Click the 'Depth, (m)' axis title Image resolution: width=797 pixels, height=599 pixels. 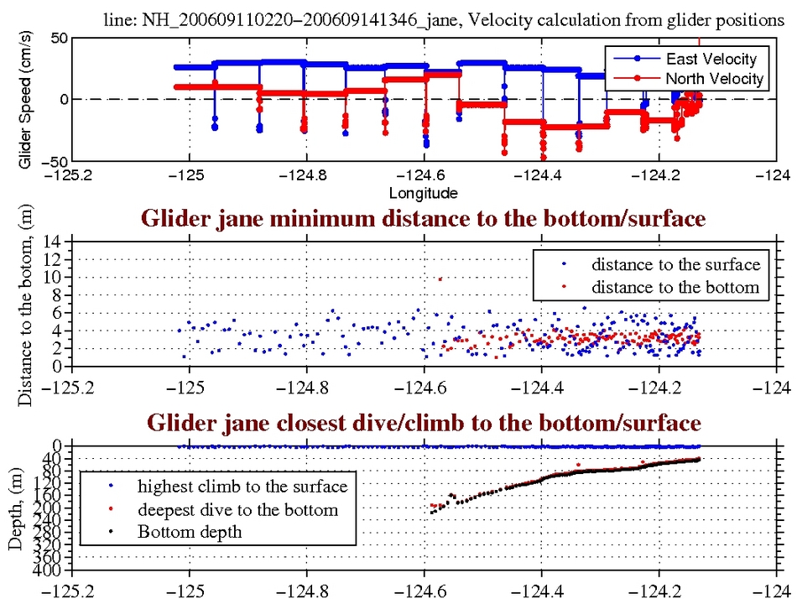(16, 508)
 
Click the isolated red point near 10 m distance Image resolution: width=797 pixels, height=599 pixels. (440, 279)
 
